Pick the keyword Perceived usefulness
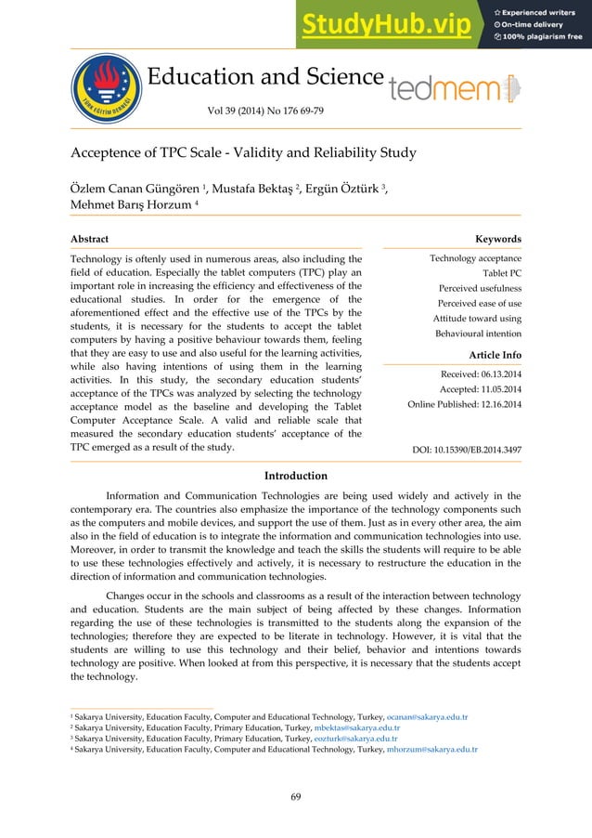[x=479, y=287]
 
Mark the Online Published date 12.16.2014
[x=464, y=404]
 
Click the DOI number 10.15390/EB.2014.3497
[x=466, y=450]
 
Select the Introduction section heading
[x=296, y=476]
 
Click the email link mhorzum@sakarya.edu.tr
[x=431, y=748]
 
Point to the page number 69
[x=295, y=795]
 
